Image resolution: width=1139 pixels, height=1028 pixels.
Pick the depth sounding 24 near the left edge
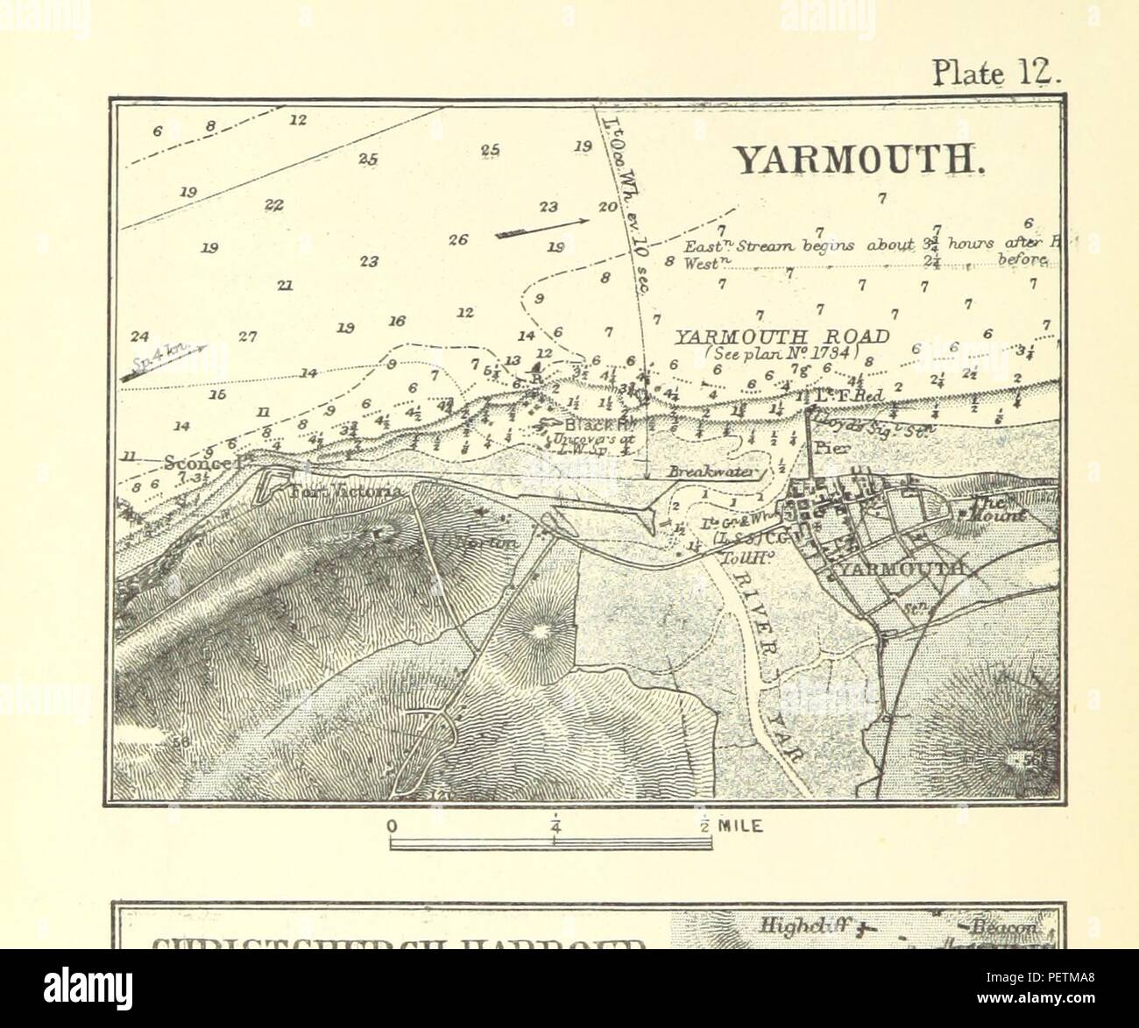(138, 336)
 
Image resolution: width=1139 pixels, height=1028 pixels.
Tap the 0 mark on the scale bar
(393, 826)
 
